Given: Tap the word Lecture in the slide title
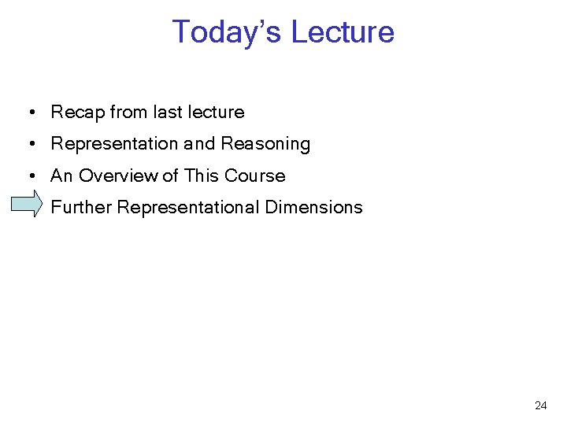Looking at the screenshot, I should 343,32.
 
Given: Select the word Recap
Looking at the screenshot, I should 77,113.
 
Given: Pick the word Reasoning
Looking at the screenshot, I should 265,144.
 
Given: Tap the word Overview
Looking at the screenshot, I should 118,176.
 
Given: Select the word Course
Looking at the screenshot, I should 254,176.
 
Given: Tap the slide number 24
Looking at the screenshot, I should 540,406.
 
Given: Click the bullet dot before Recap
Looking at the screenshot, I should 28,113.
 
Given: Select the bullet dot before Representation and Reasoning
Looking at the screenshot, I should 28,145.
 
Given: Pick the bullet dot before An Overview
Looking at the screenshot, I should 28,176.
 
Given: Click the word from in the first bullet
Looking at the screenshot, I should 128,113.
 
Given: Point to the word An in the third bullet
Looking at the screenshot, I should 61,176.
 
